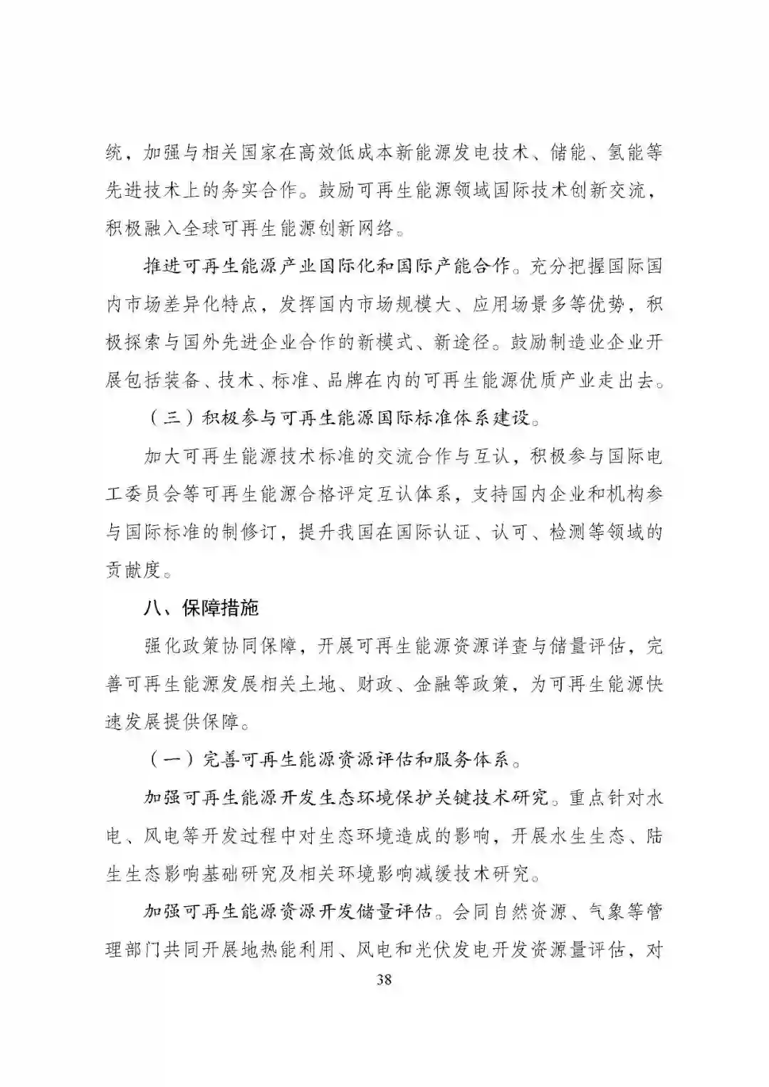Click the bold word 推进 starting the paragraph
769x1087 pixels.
(x=163, y=266)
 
